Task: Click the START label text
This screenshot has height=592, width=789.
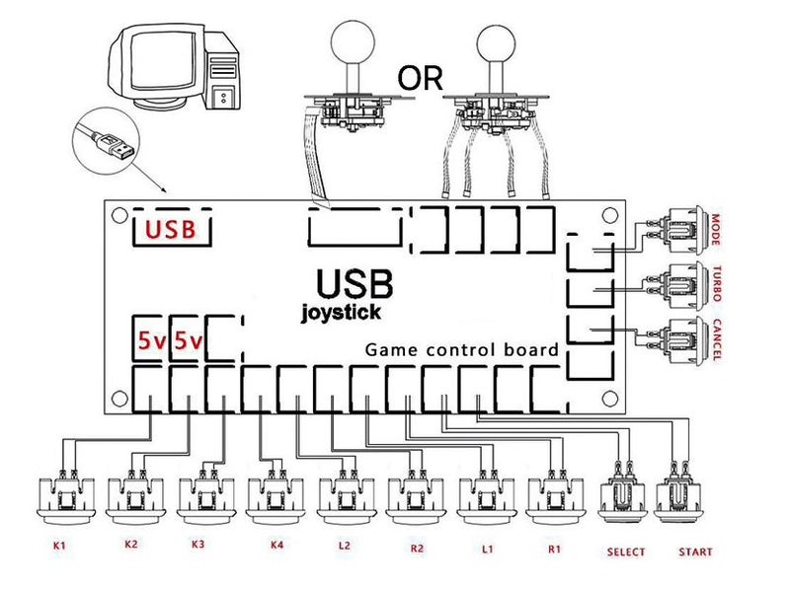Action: pyautogui.click(x=695, y=552)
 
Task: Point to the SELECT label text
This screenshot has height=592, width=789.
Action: pyautogui.click(x=626, y=552)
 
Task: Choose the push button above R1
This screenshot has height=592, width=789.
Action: pyautogui.click(x=553, y=494)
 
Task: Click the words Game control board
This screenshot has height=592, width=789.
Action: pyautogui.click(x=462, y=349)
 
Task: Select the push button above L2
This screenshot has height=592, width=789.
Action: pyautogui.click(x=344, y=494)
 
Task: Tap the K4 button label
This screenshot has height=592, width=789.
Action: pyautogui.click(x=273, y=545)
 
